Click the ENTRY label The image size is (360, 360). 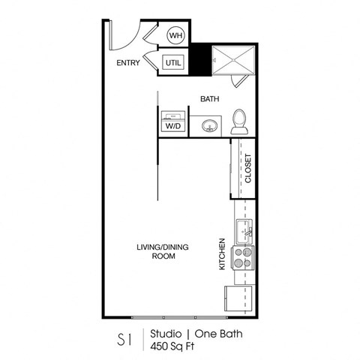pyautogui.click(x=129, y=64)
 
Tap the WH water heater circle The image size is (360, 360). pyautogui.click(x=175, y=35)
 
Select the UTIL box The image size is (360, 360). pyautogui.click(x=173, y=63)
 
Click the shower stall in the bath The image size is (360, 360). pyautogui.click(x=235, y=60)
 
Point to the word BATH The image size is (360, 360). pyautogui.click(x=209, y=99)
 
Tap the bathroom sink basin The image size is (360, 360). pyautogui.click(x=208, y=125)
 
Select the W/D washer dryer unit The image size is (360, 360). pyautogui.click(x=172, y=121)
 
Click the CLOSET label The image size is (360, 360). pyautogui.click(x=247, y=169)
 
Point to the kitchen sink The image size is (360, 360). pyautogui.click(x=245, y=230)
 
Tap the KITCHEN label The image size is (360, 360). pyautogui.click(x=222, y=255)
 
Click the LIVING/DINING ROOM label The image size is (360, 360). pyautogui.click(x=156, y=251)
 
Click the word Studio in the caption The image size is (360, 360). pyautogui.click(x=167, y=333)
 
